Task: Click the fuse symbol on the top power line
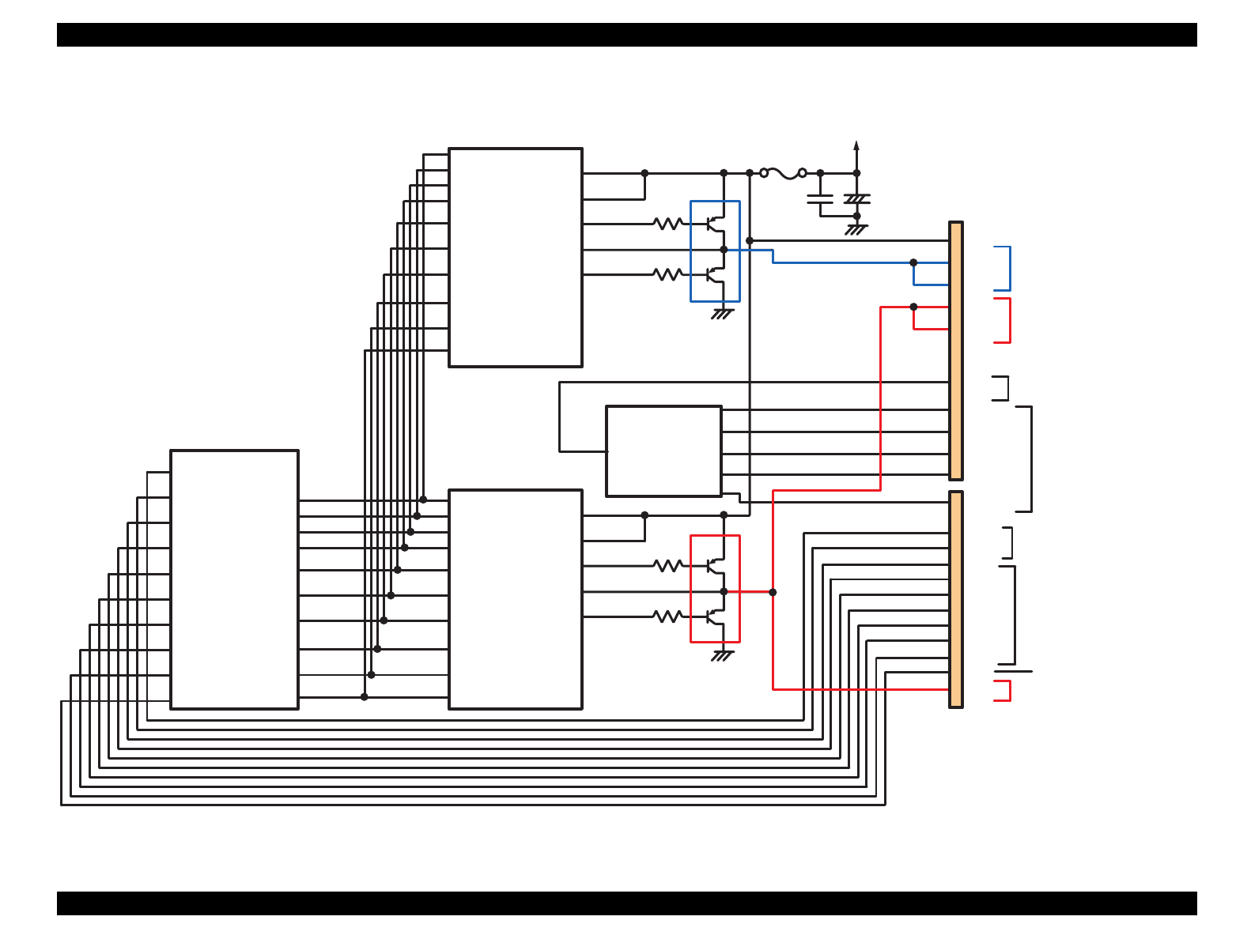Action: (x=783, y=173)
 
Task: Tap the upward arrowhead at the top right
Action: (x=856, y=145)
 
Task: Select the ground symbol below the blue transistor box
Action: (x=722, y=314)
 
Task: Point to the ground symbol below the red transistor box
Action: (x=722, y=655)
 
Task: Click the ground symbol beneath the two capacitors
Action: (x=856, y=230)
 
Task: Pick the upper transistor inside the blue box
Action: (x=715, y=224)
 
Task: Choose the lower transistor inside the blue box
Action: (x=715, y=274)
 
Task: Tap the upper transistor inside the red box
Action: (x=715, y=566)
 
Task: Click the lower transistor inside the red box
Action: (x=715, y=617)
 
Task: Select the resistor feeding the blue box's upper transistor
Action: (x=668, y=224)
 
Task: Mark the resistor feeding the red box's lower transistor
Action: (x=668, y=617)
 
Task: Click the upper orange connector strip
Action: (x=956, y=351)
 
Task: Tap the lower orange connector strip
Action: (x=956, y=599)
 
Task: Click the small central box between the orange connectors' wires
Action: (x=663, y=451)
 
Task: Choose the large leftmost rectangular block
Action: (x=234, y=579)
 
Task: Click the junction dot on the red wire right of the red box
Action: (x=773, y=592)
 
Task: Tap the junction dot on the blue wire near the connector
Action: (x=913, y=262)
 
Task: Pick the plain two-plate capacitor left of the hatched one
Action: (x=820, y=198)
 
